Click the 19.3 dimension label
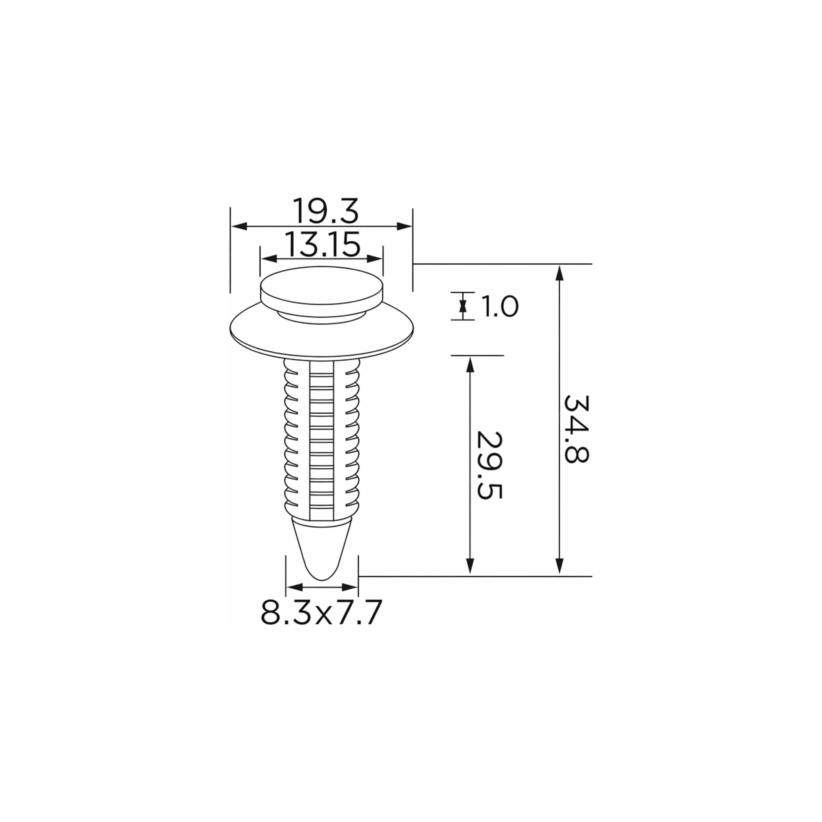[326, 211]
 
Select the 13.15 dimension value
[322, 245]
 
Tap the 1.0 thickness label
[499, 307]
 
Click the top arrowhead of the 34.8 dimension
[560, 272]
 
